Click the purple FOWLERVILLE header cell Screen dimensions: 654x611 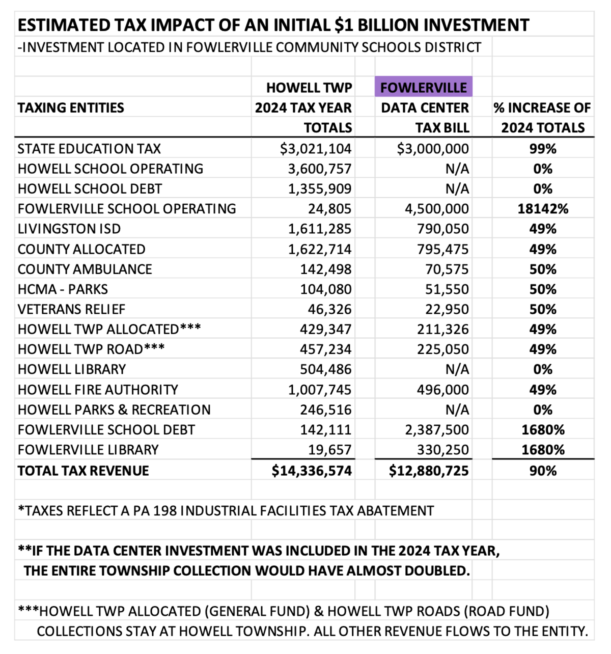[x=424, y=87]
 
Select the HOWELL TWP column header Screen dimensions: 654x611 [x=309, y=88]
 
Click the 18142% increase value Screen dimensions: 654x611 [x=543, y=209]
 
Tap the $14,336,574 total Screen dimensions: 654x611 [x=312, y=471]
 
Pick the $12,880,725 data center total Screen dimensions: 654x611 [x=429, y=471]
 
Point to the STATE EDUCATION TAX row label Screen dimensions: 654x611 [x=89, y=149]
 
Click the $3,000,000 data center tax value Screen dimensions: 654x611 [x=432, y=149]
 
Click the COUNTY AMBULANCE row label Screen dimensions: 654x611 [x=85, y=269]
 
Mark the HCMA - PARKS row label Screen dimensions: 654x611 [x=63, y=289]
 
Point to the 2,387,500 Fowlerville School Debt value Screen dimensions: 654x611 [x=437, y=430]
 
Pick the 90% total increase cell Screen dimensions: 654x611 [x=543, y=471]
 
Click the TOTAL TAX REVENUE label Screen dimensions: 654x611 [x=84, y=471]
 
